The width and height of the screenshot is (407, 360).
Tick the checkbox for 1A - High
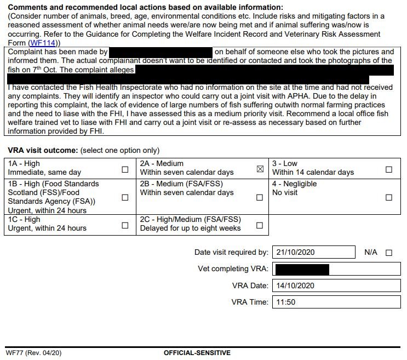tap(125, 169)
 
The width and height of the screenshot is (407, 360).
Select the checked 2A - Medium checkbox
tap(260, 169)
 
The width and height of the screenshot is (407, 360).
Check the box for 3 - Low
tap(389, 169)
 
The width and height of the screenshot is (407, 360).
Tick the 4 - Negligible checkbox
tap(389, 197)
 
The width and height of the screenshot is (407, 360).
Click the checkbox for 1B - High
tap(125, 197)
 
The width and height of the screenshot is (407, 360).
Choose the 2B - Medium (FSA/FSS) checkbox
tap(260, 197)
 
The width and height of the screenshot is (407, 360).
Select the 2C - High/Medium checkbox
tap(260, 225)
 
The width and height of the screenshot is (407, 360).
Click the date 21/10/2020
tap(295, 253)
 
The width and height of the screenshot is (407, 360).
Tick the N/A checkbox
tap(389, 253)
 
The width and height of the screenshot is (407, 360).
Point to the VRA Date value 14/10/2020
tap(295, 285)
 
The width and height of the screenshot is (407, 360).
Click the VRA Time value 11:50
tap(286, 302)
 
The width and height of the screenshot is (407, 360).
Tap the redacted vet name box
tap(301, 269)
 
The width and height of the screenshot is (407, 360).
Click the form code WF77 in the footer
tap(18, 353)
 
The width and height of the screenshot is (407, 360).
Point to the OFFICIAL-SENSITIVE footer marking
tap(197, 353)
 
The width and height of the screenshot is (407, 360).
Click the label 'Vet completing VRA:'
tap(233, 269)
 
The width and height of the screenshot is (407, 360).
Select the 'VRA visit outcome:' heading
tap(43, 150)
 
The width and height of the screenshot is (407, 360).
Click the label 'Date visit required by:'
tap(231, 253)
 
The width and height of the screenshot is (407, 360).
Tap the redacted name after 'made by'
tap(160, 52)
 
